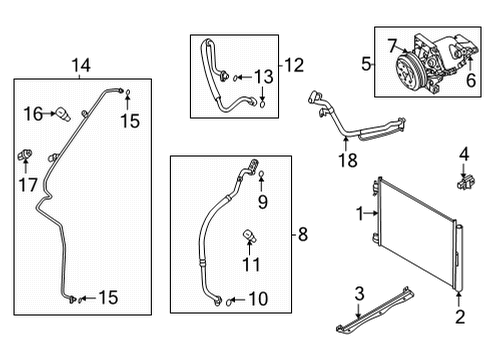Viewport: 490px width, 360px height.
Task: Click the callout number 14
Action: pos(79,66)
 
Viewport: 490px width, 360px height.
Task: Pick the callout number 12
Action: pos(293,66)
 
